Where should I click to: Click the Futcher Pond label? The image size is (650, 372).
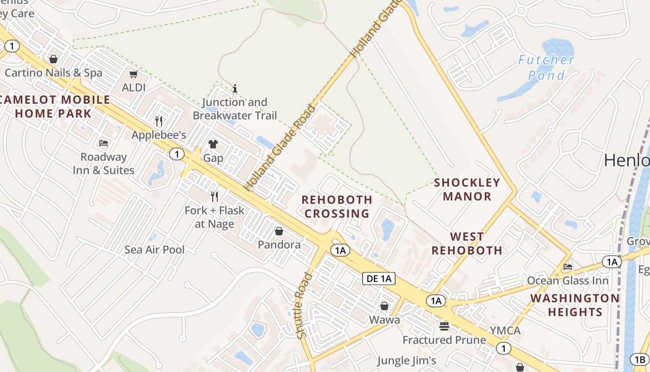546,67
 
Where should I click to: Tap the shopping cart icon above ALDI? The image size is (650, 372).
134,74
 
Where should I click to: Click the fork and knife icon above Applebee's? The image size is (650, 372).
159,121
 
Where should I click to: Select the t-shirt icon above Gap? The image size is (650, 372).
213,144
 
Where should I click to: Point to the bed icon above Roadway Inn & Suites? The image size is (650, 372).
104,143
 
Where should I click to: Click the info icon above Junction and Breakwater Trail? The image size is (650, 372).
235,88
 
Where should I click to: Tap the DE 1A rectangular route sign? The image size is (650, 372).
378,279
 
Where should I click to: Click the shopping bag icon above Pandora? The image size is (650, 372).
279,231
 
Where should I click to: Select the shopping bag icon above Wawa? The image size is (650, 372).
384,306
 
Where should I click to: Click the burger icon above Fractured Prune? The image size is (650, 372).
444,326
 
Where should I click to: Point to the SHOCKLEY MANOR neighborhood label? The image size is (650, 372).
467,189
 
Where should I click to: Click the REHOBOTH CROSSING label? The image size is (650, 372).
337,206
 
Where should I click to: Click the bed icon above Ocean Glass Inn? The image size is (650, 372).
567,267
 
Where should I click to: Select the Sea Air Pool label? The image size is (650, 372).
154,250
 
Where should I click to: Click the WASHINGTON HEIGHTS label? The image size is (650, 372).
575,305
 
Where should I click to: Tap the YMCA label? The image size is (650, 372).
505,331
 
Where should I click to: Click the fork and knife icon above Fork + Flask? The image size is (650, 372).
214,197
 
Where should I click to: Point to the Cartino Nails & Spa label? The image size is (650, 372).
53,73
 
